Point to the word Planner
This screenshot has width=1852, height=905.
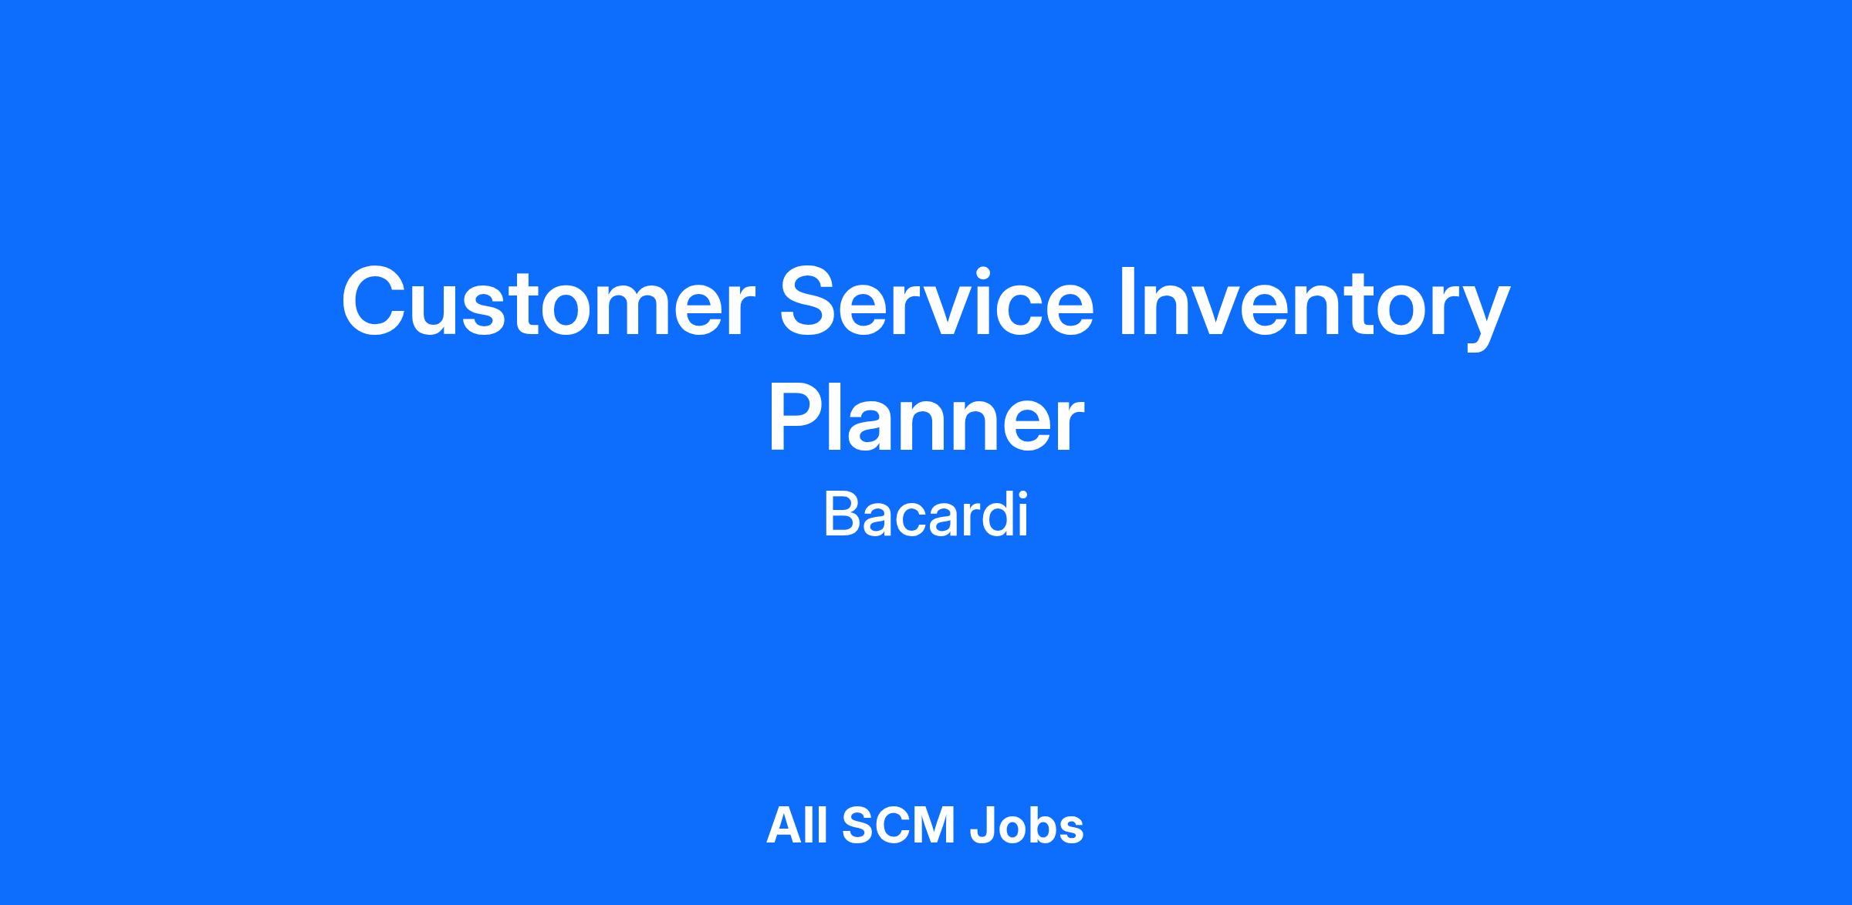(926, 420)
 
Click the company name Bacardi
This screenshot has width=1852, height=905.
(926, 515)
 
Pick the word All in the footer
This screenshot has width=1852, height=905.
(797, 826)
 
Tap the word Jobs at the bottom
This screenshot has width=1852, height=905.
(1027, 826)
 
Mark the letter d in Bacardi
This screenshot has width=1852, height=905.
(996, 515)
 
